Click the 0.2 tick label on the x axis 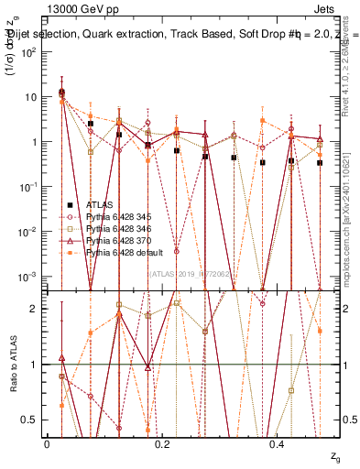point(163,444)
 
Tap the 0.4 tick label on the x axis point(279,444)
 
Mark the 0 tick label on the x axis point(47,444)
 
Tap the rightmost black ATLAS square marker point(320,162)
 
